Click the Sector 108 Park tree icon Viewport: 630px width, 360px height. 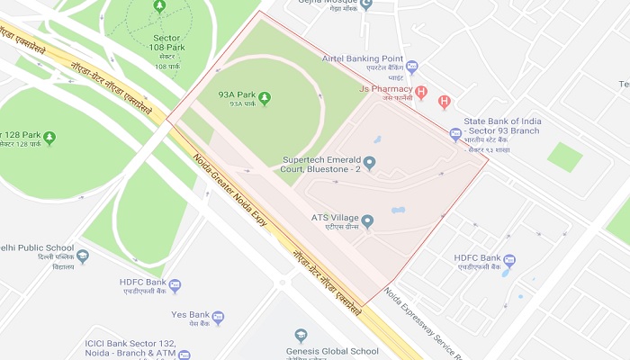click(159, 6)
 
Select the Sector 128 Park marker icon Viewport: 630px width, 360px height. click(49, 138)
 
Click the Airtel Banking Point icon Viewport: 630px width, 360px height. click(411, 66)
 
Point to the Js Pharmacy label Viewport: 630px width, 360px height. click(385, 90)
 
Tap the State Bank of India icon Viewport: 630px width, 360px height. click(455, 134)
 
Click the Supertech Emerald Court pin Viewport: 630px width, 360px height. click(369, 162)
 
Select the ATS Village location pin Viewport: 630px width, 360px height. click(367, 220)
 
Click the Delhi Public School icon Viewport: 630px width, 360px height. click(83, 256)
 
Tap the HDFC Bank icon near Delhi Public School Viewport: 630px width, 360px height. click(175, 286)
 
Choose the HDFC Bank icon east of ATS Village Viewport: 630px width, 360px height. click(509, 262)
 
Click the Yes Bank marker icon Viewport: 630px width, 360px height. click(218, 318)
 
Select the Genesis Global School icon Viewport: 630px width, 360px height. click(301, 337)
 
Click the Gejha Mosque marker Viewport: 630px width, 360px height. click(365, 4)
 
